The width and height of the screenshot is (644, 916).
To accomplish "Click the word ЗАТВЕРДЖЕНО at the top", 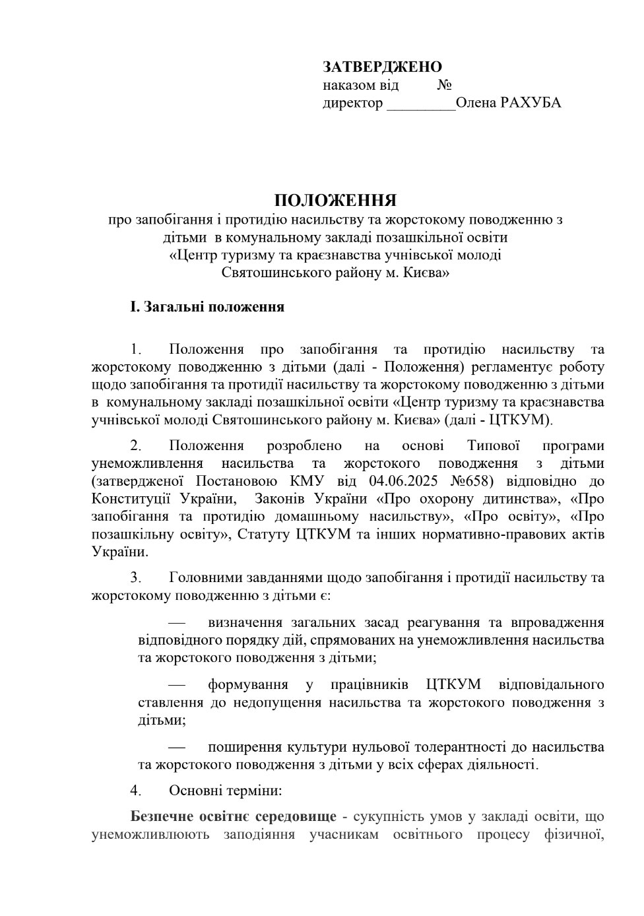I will click(382, 67).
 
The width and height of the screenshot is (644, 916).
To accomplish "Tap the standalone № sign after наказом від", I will click(444, 85).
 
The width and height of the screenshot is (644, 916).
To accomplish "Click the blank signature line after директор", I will click(420, 104).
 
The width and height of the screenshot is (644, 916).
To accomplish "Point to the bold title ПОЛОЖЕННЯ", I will click(335, 200).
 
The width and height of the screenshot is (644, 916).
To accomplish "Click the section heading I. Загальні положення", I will click(207, 307).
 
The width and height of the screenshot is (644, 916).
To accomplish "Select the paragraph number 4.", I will click(135, 790).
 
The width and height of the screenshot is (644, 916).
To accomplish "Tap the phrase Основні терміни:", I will click(226, 790).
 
